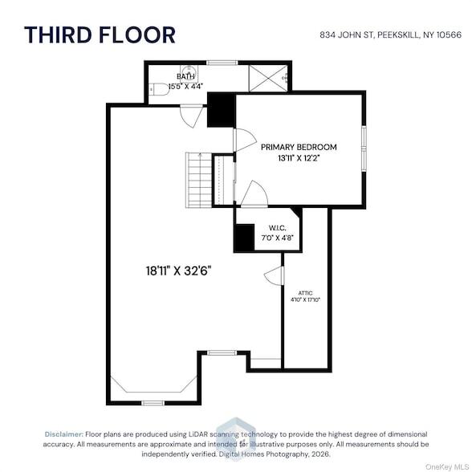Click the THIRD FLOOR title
point(100,35)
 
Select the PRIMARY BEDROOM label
point(299,147)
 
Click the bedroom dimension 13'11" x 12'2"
point(299,158)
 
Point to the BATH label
point(185,76)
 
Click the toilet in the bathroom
point(159,89)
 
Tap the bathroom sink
point(189,72)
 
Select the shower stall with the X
point(268,78)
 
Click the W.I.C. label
point(277,228)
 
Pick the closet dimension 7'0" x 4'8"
point(277,238)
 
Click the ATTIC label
point(305,293)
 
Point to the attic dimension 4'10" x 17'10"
point(305,299)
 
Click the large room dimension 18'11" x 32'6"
point(178,271)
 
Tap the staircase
point(199,180)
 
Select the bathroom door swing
point(191,116)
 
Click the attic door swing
point(274,275)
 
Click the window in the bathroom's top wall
point(222,63)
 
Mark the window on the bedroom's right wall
point(364,149)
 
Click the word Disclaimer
point(64,434)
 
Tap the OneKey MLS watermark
point(446,467)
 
